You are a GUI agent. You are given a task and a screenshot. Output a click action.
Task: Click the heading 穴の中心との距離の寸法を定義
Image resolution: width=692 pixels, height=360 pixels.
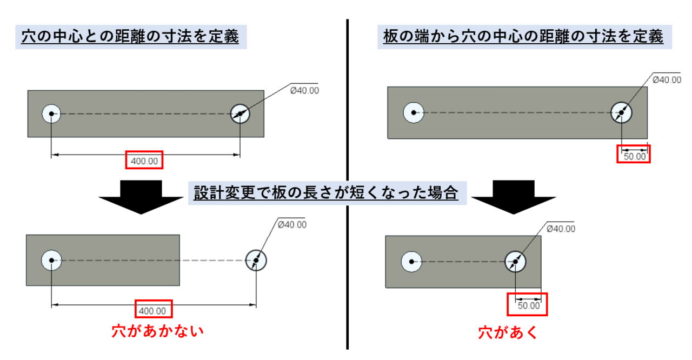coord(130,37)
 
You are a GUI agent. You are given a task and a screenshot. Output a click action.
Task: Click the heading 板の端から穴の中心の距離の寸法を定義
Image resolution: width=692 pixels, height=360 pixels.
coord(523,37)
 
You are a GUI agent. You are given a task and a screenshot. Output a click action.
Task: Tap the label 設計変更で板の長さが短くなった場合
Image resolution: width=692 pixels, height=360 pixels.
coord(326,193)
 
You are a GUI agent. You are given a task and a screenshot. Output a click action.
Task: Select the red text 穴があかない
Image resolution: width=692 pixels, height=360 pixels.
coord(157,331)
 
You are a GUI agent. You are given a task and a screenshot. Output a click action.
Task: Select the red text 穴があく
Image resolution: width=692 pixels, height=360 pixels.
coord(508,332)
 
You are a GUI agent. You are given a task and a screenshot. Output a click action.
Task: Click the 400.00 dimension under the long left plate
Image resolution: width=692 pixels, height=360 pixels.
coord(144,161)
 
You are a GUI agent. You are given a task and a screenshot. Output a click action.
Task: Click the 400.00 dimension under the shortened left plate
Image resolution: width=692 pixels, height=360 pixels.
coord(152,311)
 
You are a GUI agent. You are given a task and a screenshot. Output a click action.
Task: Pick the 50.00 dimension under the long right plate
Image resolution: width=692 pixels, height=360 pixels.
coord(635,156)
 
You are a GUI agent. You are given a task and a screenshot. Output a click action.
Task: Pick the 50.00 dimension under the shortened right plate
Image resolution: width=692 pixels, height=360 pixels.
coord(529,305)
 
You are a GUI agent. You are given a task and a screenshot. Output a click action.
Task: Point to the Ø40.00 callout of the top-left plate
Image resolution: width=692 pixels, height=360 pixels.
coord(304,90)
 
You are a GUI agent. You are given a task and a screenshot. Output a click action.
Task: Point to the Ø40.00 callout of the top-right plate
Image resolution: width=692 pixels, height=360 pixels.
coord(667,80)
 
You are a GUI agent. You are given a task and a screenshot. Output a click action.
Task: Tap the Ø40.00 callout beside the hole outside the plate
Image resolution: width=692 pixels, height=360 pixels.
coord(292,224)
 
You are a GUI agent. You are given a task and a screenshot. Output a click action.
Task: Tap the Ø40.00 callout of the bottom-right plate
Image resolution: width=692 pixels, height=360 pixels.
coord(561,229)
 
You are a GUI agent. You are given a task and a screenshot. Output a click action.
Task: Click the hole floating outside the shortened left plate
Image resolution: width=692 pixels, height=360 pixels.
coord(256,261)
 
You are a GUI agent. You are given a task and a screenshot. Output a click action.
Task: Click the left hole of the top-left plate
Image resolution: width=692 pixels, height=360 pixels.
coord(51,114)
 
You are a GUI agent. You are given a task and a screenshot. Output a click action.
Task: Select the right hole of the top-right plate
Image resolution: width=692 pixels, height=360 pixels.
coord(621,112)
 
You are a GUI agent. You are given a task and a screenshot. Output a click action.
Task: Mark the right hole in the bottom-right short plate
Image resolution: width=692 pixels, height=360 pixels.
coord(515,262)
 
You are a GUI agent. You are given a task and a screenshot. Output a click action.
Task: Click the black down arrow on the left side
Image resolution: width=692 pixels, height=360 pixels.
coord(141,197)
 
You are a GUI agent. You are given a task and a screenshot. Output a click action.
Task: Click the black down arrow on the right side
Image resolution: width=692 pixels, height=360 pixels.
coord(514,197)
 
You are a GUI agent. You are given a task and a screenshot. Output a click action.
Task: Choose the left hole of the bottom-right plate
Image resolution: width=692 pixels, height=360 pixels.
coord(411,262)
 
